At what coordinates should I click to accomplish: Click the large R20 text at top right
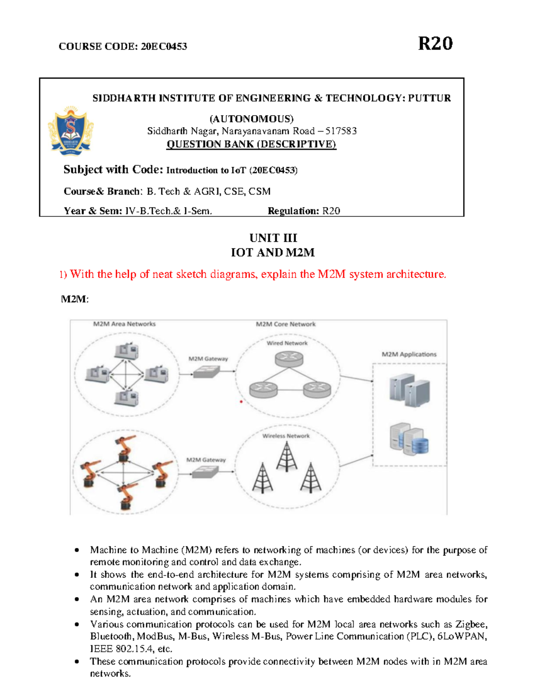435,44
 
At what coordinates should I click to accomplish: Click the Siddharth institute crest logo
71,131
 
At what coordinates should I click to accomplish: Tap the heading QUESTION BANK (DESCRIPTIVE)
251,144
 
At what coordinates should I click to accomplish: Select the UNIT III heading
273,238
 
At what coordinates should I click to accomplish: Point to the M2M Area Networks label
124,324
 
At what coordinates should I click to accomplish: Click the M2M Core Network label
285,324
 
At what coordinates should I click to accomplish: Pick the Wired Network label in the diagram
287,343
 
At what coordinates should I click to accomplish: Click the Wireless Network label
286,436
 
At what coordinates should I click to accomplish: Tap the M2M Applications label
409,354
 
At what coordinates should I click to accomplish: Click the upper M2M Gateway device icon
207,371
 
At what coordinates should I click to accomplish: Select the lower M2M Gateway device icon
205,472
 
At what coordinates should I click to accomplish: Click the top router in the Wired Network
289,358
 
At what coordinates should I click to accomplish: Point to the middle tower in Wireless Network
286,456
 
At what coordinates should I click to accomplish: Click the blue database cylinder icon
420,445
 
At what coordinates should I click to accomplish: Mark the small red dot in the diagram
241,402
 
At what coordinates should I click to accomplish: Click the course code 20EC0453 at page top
164,46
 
